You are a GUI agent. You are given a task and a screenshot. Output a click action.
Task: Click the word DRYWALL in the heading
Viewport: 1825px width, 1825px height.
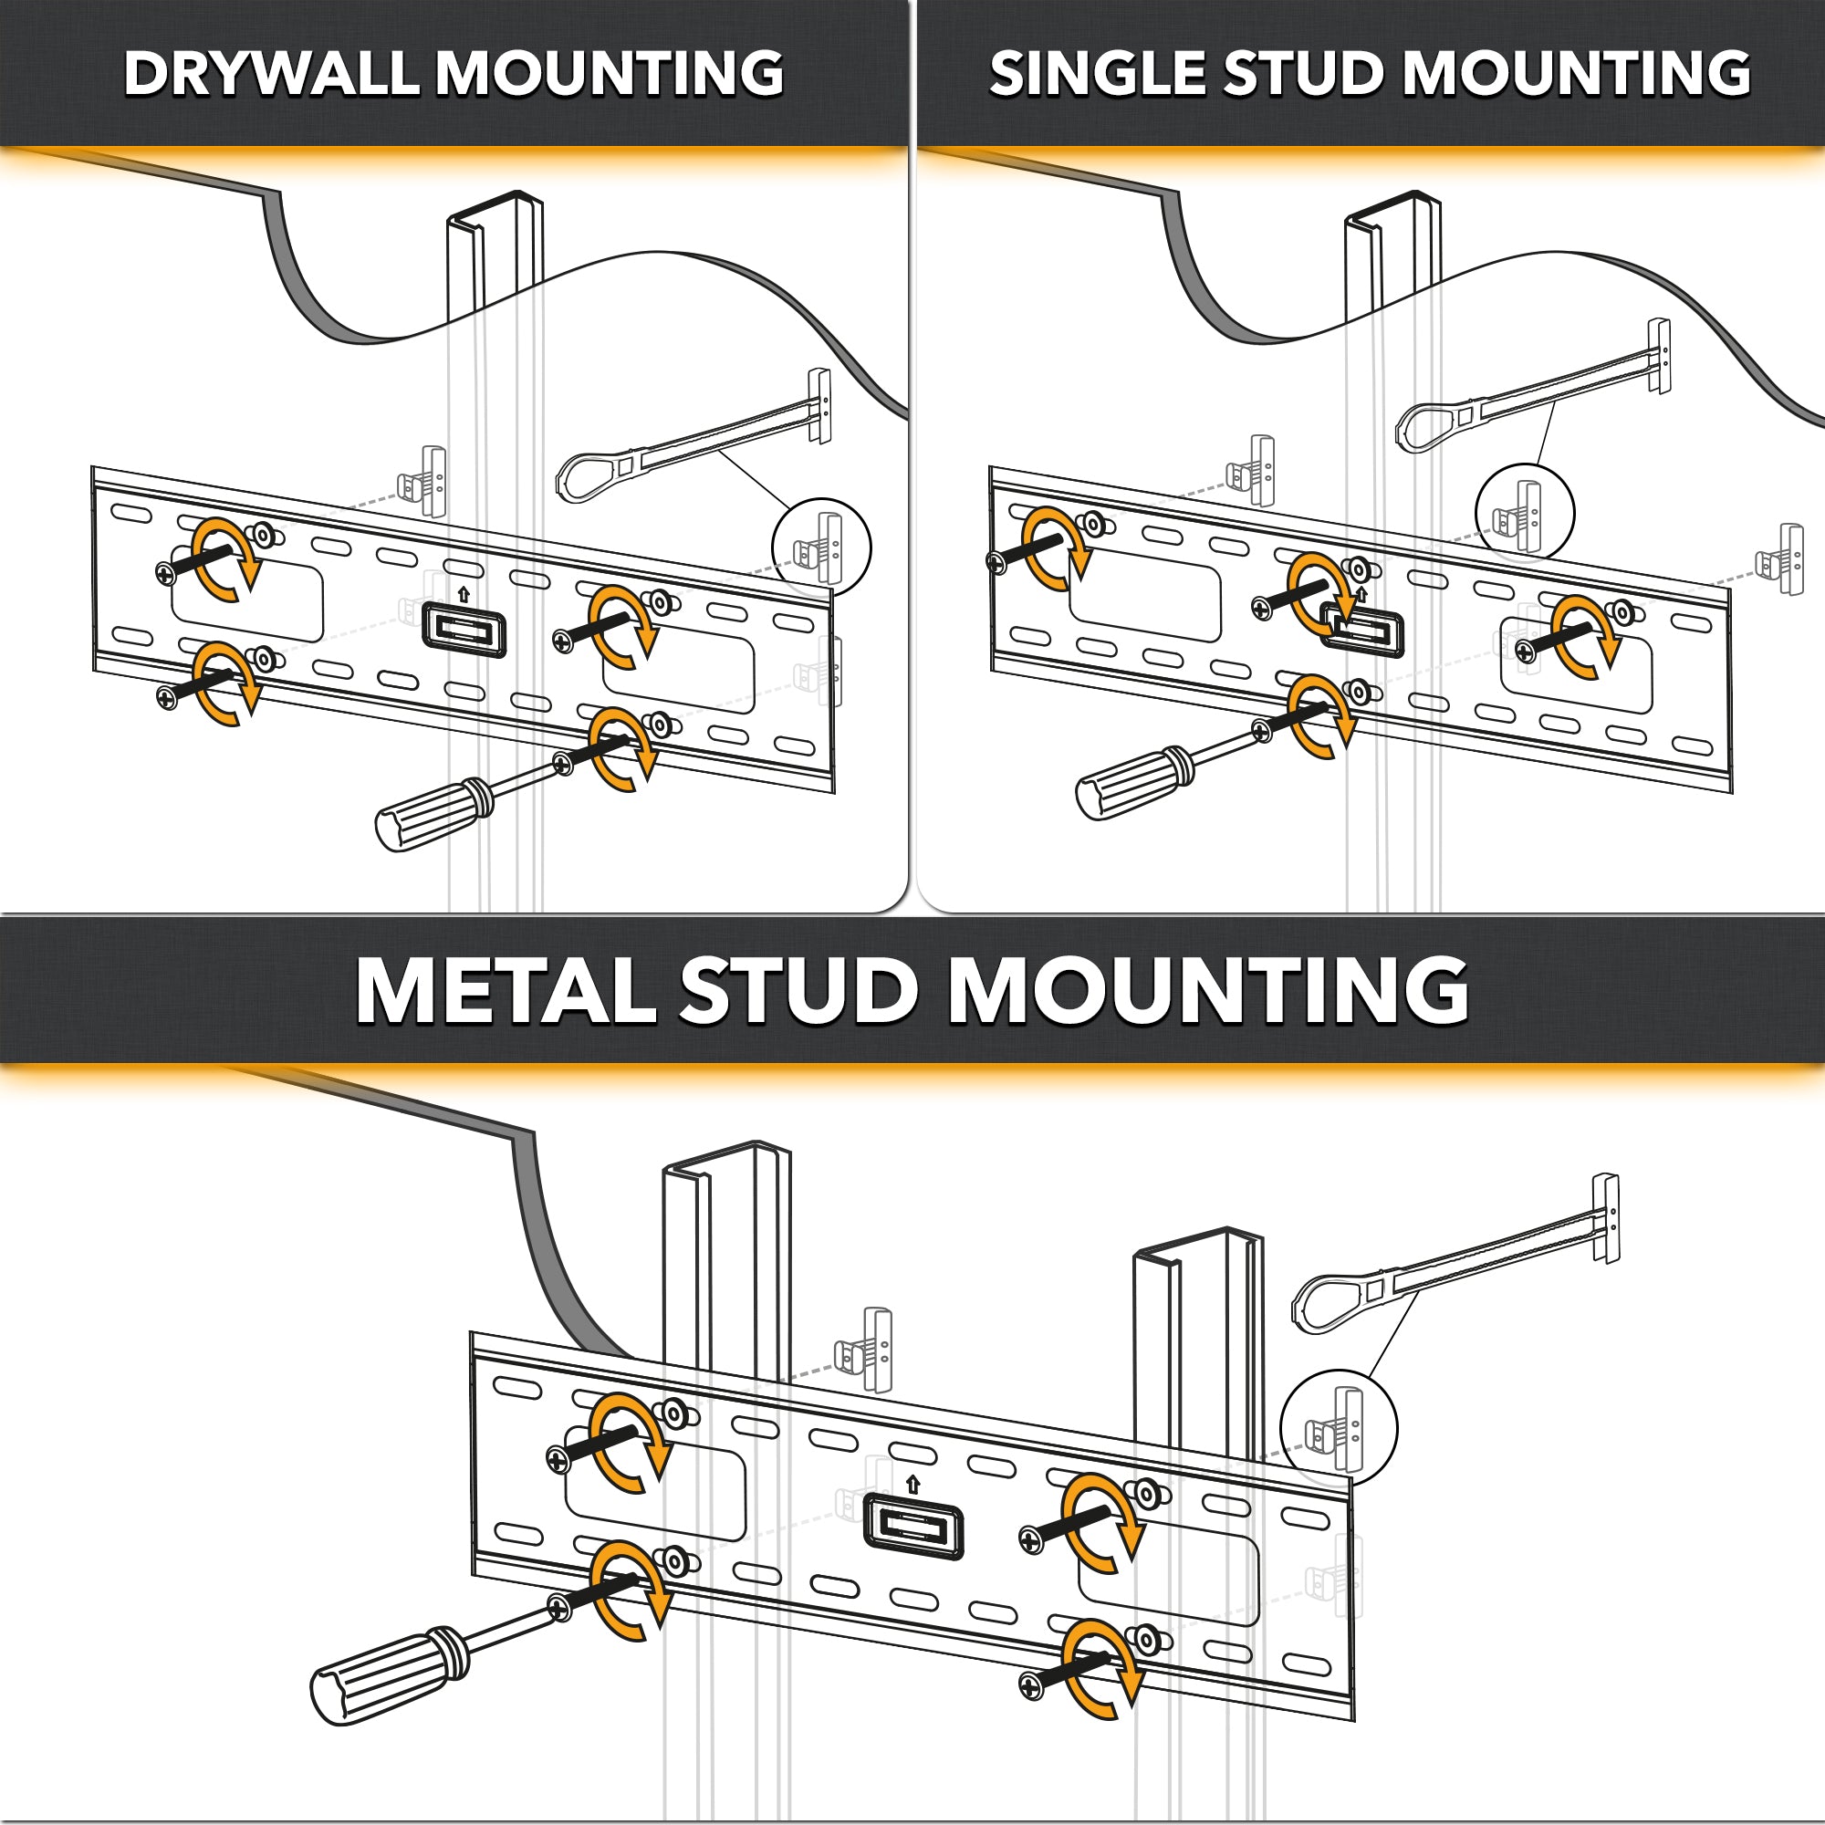click(270, 74)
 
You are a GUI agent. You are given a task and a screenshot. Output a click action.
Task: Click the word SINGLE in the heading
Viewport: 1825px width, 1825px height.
click(1096, 74)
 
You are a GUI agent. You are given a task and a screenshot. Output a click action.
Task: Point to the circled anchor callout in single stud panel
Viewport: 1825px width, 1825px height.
click(1524, 513)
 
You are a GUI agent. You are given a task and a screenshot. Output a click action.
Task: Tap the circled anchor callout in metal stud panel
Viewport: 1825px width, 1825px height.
click(1339, 1427)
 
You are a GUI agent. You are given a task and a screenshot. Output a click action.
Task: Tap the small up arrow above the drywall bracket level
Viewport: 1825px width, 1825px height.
click(463, 595)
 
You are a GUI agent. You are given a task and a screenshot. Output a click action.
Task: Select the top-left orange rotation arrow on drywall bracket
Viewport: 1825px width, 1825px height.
click(224, 558)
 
